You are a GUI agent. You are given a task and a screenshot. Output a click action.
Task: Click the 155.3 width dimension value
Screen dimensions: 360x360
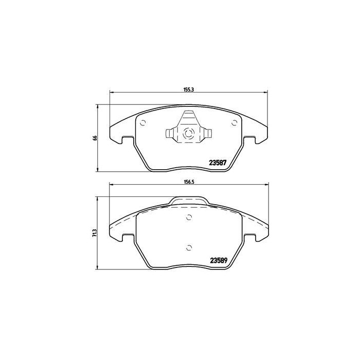pos(188,89)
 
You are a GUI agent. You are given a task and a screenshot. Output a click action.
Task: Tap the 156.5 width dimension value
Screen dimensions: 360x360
pos(188,182)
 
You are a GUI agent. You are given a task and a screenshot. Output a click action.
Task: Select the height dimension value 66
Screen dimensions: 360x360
pos(95,138)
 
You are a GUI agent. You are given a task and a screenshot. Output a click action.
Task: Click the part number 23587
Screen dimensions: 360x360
pos(218,163)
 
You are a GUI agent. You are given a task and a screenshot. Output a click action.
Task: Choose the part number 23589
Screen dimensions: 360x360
pos(218,260)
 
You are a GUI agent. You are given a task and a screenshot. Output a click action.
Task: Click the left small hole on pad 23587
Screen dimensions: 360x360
pos(143,122)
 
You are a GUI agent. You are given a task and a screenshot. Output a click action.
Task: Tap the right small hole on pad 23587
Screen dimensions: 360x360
pos(235,122)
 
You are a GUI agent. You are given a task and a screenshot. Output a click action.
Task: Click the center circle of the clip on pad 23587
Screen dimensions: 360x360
pos(188,135)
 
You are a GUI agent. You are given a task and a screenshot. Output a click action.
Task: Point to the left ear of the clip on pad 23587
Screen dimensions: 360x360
pos(170,135)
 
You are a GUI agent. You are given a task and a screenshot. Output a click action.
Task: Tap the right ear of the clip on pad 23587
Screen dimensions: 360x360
pos(207,135)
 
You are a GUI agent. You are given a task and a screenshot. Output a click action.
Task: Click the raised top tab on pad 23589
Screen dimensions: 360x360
pos(189,201)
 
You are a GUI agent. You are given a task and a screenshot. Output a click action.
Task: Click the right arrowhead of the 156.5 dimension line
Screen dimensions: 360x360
pos(266,186)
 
